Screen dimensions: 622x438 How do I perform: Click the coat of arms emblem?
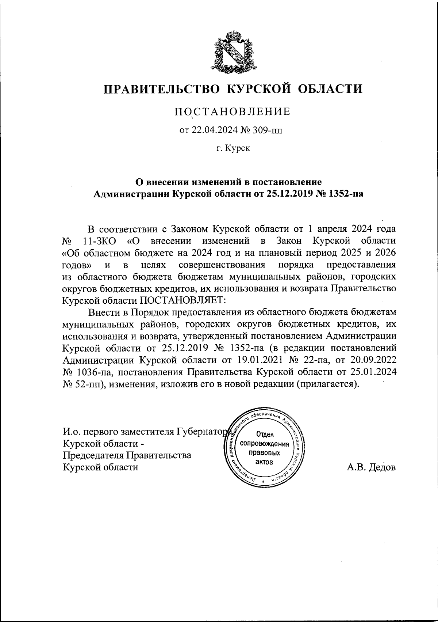point(233,52)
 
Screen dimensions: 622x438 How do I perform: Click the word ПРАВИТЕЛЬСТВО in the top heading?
point(162,89)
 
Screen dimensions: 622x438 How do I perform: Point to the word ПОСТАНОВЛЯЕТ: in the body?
point(181,300)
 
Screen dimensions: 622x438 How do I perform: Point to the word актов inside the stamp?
point(263,462)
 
